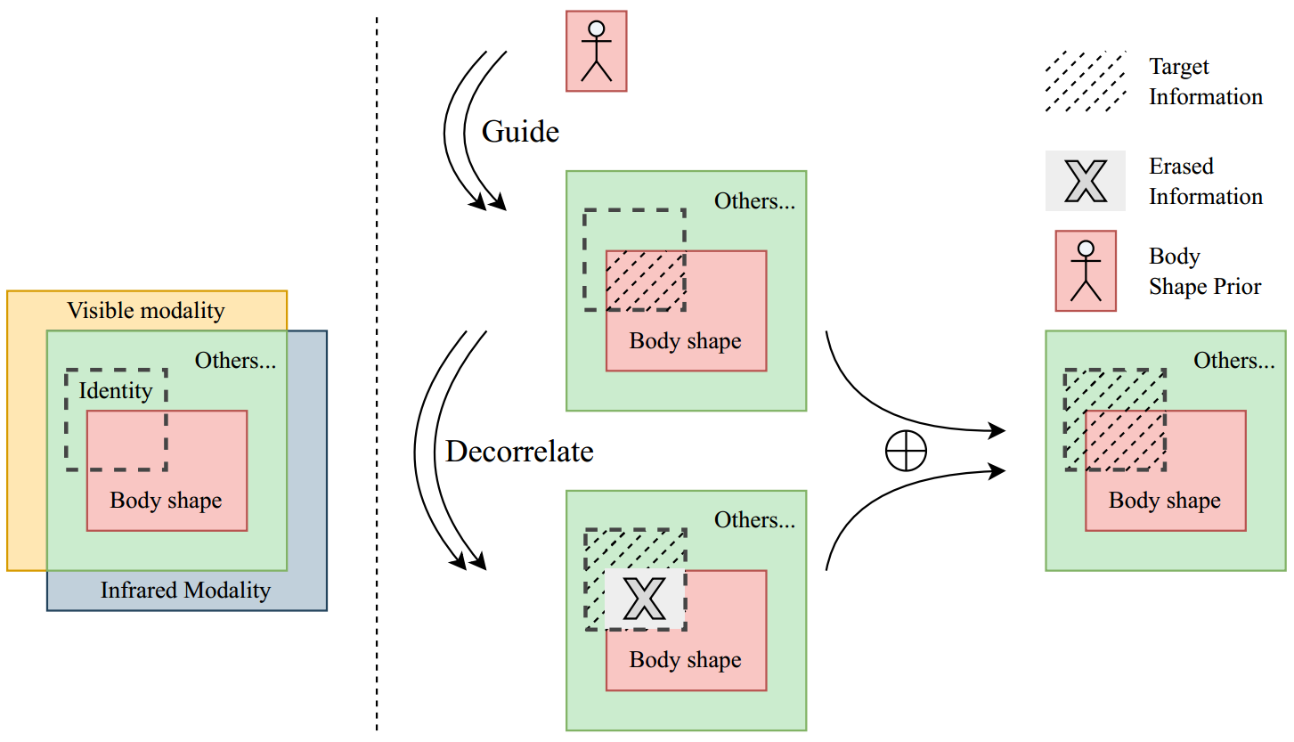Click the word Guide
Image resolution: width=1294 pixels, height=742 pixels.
(520, 132)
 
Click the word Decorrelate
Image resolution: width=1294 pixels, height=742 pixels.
(519, 452)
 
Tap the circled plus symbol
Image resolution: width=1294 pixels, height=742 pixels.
(906, 453)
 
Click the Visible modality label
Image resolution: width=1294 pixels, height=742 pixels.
(146, 311)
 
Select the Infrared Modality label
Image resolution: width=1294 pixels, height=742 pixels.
(185, 590)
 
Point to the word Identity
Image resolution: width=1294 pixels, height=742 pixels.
(116, 390)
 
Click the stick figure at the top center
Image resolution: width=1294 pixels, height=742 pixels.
(596, 51)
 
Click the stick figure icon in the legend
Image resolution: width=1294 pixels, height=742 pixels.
(1085, 271)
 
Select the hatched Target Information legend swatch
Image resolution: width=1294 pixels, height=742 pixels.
(1085, 81)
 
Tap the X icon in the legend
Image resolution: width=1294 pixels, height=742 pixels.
(1085, 181)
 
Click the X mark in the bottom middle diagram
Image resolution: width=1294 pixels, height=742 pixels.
(644, 599)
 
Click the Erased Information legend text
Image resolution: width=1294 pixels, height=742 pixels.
(1205, 181)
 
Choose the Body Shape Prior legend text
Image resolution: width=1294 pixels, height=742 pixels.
(1204, 272)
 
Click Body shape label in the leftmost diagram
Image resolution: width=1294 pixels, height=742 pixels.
(166, 501)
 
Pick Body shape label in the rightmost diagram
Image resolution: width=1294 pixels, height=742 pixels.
(1164, 501)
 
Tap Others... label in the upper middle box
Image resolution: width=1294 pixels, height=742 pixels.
(754, 201)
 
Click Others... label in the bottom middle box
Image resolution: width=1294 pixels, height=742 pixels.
(754, 520)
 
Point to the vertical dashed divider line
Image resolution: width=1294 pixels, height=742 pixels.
(377, 374)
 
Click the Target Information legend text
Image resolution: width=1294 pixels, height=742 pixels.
(1205, 81)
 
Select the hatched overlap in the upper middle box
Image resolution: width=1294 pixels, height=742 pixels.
(645, 280)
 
